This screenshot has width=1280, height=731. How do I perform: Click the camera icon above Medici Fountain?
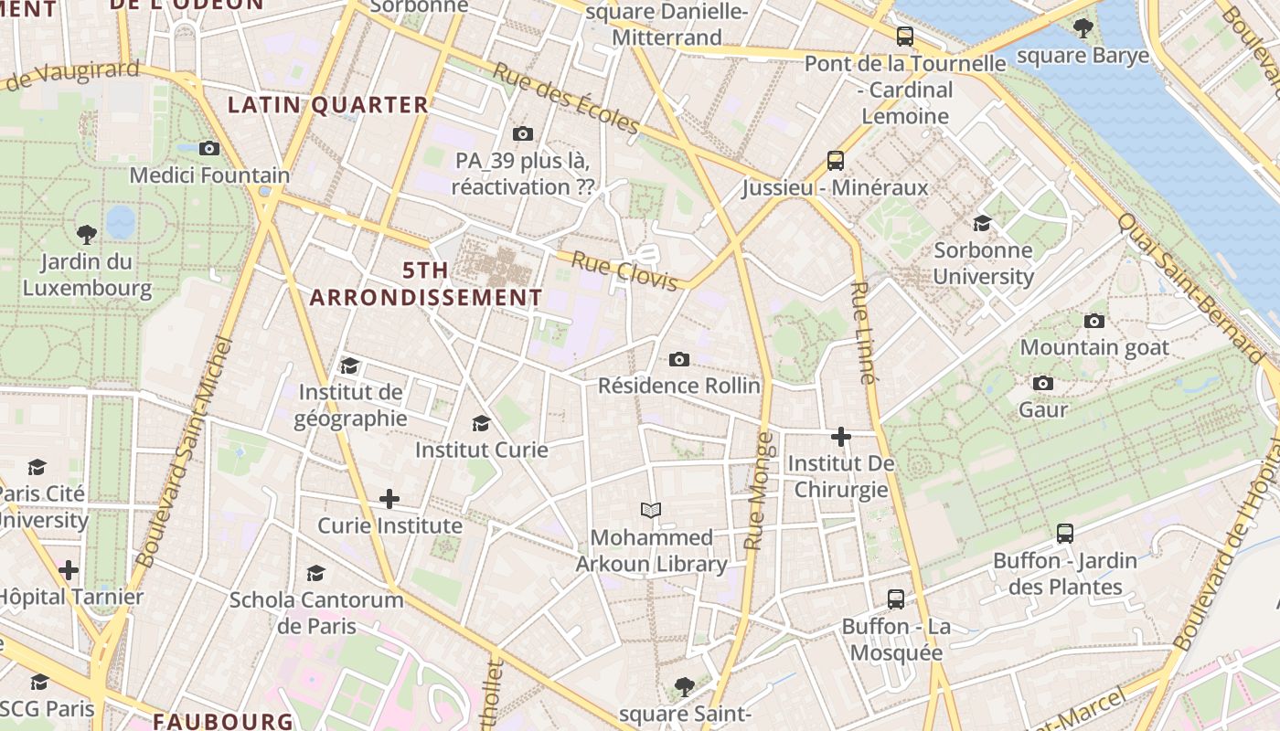coord(209,148)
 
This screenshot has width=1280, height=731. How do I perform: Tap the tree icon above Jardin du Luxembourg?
coord(87,235)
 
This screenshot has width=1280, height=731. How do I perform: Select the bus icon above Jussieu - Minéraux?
coord(835,161)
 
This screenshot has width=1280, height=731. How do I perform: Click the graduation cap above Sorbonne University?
coord(982,223)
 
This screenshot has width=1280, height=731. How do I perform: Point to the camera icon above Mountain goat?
coord(1093,321)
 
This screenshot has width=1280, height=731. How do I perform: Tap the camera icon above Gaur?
coord(1043,383)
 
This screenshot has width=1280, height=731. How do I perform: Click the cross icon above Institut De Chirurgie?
coord(841,437)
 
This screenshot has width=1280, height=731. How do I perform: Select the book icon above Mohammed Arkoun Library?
coord(651,510)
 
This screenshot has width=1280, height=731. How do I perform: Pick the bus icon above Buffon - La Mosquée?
coord(896,599)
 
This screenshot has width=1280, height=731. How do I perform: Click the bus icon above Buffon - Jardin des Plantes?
coord(1064,534)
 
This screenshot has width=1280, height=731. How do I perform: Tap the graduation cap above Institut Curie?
coord(481,423)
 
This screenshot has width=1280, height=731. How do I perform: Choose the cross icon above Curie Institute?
coord(389,499)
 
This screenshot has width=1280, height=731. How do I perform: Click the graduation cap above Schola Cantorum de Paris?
coord(315,573)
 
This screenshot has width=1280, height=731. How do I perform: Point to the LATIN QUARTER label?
coord(328,105)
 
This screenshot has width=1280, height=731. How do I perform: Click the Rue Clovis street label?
coord(624,271)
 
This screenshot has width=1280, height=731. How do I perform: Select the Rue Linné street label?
coord(862,332)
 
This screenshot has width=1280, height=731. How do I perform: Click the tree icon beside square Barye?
coord(1083,28)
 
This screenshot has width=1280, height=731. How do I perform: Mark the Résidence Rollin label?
coord(678,386)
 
